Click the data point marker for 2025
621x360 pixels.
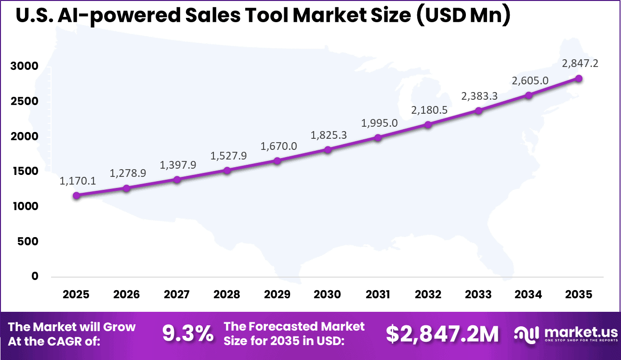point(76,195)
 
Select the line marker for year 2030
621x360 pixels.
point(328,149)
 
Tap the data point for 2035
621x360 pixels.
point(579,78)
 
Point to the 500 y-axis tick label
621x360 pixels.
point(28,241)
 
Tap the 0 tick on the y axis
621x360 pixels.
point(35,277)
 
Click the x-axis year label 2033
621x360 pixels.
point(478,294)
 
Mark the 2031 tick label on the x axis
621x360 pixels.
point(378,294)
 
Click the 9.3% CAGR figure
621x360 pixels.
point(188,334)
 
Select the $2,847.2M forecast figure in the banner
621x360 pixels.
point(442,334)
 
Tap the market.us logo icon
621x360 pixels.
point(527,333)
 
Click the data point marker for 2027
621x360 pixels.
point(177,179)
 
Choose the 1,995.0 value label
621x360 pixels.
point(379,123)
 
